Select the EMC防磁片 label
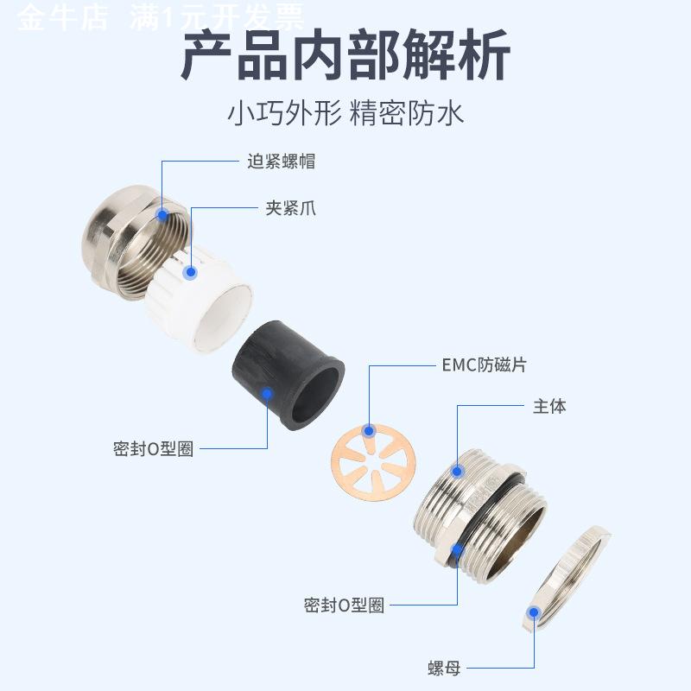pos(483,365)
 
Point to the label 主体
pos(549,406)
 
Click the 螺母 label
pos(444,668)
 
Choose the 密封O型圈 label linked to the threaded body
pos(344,605)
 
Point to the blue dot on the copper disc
pos(369,430)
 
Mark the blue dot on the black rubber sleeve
pos(268,394)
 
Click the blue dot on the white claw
pos(191,272)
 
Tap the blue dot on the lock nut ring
pos(534,612)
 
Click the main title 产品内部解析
pos(345,56)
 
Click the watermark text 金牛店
pos(62,17)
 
